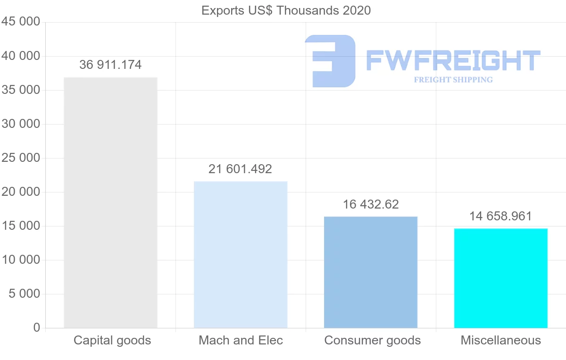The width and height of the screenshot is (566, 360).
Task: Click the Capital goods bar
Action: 110,202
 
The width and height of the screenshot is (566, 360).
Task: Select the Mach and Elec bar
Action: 241,254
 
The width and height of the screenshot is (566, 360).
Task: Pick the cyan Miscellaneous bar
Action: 501,278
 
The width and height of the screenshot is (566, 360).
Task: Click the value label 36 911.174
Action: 110,65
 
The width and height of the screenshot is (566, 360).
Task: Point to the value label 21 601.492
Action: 240,169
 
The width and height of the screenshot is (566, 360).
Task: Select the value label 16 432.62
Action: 371,204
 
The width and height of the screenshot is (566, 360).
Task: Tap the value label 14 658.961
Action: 500,216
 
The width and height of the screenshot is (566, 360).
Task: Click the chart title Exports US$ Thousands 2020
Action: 286,10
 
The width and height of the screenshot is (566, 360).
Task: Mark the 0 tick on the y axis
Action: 37,328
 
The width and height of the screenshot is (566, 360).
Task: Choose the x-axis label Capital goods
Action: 112,340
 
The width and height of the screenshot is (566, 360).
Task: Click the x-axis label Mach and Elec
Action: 241,340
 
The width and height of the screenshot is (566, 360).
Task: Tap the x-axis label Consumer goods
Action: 373,340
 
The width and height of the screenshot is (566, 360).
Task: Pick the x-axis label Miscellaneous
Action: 500,340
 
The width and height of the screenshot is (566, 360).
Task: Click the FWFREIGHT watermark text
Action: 453,61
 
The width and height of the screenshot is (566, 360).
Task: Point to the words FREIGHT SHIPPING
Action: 453,80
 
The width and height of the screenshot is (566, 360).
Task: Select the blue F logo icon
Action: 330,61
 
